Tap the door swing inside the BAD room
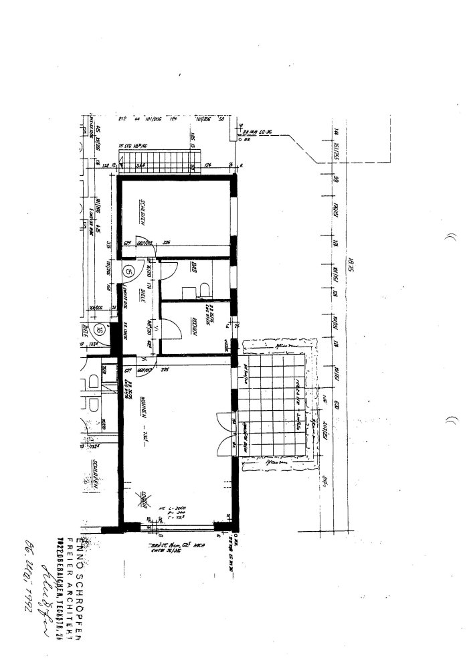click(170, 269)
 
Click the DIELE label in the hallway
click(143, 296)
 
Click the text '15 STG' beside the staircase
click(124, 146)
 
